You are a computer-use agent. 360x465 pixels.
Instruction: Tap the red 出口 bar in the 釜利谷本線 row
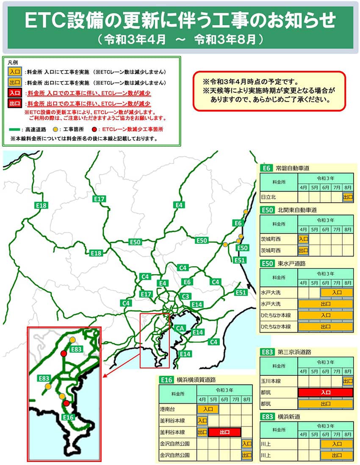click(x=224, y=432)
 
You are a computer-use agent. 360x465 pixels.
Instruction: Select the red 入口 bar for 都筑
click(x=325, y=392)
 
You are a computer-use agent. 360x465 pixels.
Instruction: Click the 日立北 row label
click(x=268, y=197)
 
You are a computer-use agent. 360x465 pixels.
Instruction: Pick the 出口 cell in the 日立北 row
click(x=348, y=197)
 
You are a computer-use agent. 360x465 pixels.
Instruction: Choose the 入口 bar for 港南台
click(x=208, y=409)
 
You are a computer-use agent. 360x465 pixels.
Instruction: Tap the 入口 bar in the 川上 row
click(x=337, y=444)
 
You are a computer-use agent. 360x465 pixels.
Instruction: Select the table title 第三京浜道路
click(x=294, y=352)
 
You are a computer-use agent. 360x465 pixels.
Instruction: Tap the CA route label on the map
click(x=180, y=328)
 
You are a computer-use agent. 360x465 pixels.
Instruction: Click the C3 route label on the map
click(x=185, y=296)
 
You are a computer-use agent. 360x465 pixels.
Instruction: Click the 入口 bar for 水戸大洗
click(x=337, y=292)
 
